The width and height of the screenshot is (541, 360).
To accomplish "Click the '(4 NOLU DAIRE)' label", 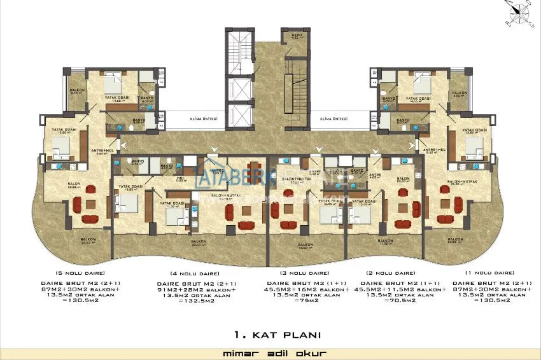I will [x=189, y=272].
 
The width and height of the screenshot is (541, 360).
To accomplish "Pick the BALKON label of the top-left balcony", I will [x=73, y=92].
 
